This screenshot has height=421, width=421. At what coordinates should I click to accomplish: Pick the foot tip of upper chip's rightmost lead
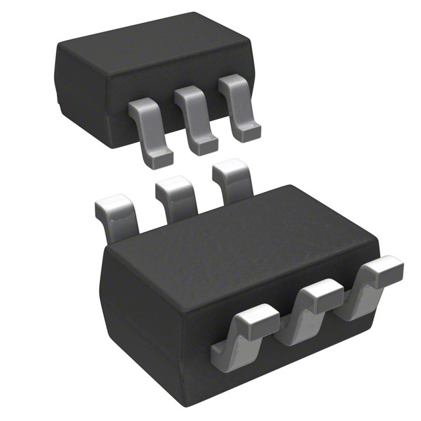247,134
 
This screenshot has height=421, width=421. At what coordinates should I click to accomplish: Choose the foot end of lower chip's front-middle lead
289,333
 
